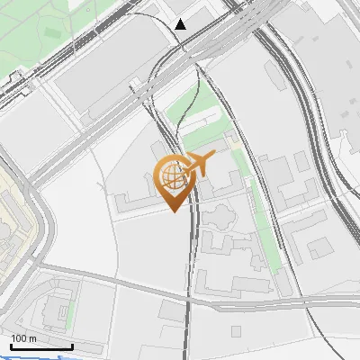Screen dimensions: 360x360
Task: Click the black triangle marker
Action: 181,24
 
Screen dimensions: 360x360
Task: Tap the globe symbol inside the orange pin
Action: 172,176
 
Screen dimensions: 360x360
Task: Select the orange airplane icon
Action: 199,164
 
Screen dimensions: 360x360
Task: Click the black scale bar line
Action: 41,347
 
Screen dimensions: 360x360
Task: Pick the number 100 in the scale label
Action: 19,338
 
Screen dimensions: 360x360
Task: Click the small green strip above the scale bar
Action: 68,312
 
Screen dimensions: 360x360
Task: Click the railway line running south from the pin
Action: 189,270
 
